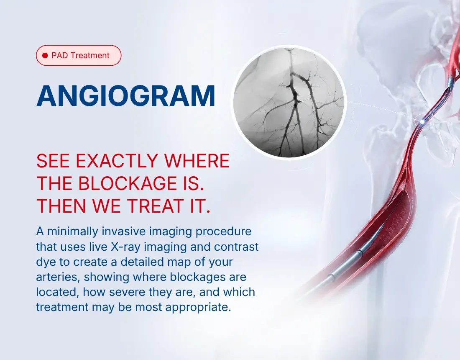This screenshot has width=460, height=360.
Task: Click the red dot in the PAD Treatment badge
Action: tap(45, 56)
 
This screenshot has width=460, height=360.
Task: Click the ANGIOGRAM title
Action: tap(126, 96)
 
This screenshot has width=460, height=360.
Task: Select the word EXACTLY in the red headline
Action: tap(117, 161)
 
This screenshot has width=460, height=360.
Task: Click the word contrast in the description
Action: tap(236, 247)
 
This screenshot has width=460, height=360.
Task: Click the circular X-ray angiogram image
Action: tap(290, 102)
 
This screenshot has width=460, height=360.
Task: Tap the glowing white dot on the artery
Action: tap(422, 121)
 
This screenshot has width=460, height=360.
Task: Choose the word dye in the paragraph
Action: tap(46, 262)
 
